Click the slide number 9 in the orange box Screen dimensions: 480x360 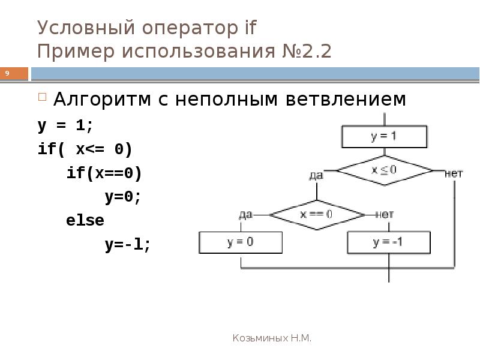tap(7, 73)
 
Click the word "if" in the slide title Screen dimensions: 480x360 tap(250, 27)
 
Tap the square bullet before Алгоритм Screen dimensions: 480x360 tap(42, 97)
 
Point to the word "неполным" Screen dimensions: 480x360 tap(226, 99)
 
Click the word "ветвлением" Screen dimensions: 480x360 tap(346, 99)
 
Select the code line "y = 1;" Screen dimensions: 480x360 tap(65, 125)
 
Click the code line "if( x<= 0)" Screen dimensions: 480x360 tap(85, 149)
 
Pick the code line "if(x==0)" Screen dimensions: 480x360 tap(104, 173)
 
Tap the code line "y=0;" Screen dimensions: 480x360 tap(123, 197)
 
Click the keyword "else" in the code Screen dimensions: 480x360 tap(85, 220)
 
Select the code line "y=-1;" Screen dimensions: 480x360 tap(127, 245)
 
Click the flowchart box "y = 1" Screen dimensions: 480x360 tap(384, 137)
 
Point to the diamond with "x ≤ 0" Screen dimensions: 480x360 tap(385, 170)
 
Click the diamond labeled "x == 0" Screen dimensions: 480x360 tap(317, 215)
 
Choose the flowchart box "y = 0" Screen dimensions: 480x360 tap(241, 242)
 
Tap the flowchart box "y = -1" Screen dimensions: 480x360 tap(389, 243)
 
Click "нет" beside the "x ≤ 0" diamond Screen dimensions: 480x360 tap(454, 173)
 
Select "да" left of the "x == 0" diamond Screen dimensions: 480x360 tap(245, 215)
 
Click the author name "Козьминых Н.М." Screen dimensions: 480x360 tap(272, 338)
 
